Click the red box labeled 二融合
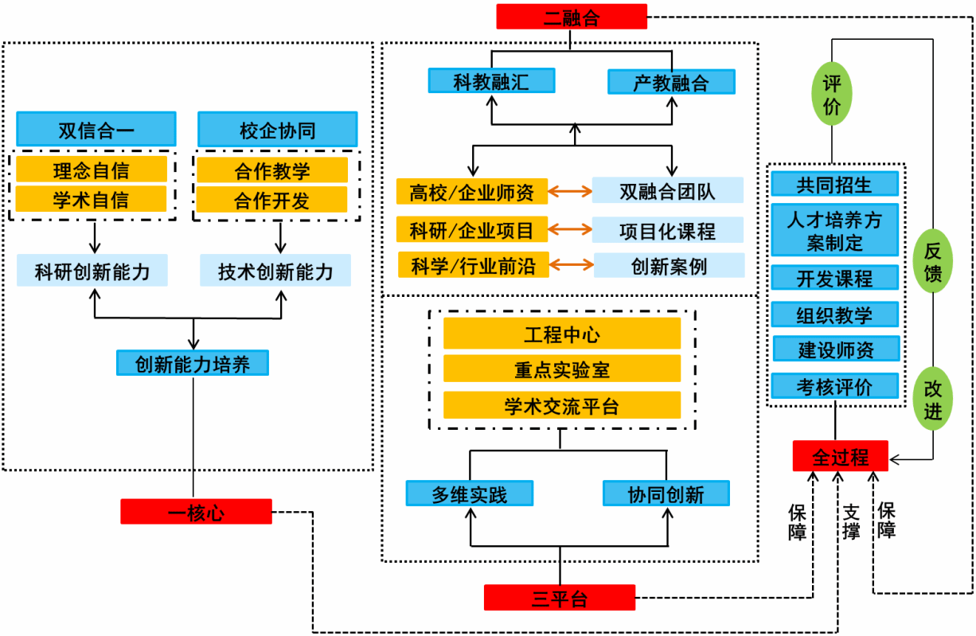tap(571, 17)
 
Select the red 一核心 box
tap(196, 512)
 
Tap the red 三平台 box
tap(560, 598)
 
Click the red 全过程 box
tap(840, 456)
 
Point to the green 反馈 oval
tap(932, 262)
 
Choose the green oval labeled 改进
tap(932, 398)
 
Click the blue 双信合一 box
tap(96, 130)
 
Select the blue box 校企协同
tap(277, 130)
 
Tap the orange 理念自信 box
tap(92, 170)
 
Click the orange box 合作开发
tap(271, 200)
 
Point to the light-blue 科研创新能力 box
tap(92, 271)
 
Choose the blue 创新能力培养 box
tap(192, 364)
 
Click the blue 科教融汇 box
tap(491, 80)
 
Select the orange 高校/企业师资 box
tap(472, 191)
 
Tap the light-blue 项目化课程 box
tap(667, 231)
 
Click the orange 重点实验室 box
tap(561, 369)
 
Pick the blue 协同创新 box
tap(666, 494)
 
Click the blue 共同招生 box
tap(834, 185)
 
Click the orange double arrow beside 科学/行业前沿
tap(571, 265)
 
